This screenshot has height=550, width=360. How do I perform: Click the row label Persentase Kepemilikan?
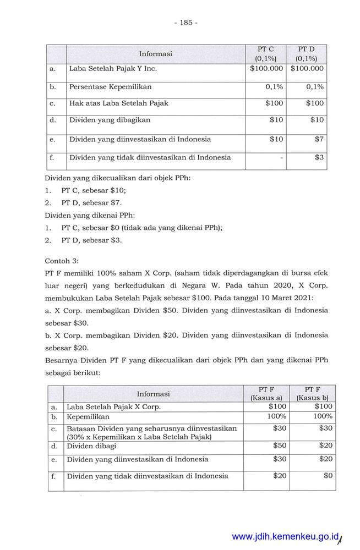point(110,87)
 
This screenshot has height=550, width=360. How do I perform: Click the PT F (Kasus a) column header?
point(266,393)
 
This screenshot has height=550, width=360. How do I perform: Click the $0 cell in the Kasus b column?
point(328,476)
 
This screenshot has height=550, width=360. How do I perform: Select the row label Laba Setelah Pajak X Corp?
point(113,407)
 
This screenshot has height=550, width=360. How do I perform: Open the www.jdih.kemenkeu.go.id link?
point(286,537)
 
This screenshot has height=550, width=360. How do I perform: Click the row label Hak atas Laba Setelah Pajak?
point(118,103)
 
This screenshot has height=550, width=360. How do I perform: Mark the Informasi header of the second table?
point(153,394)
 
